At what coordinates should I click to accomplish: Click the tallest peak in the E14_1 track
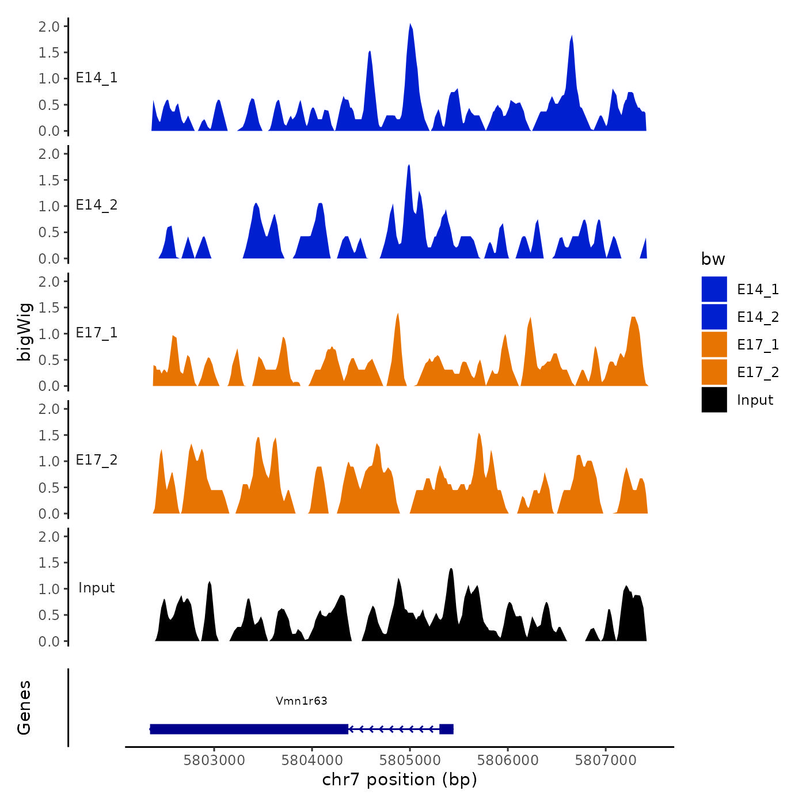point(410,25)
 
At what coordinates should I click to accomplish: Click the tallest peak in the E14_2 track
point(408,166)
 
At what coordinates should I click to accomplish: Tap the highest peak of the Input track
point(451,570)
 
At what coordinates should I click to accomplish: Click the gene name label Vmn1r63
point(301,701)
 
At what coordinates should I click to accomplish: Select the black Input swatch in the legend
point(714,400)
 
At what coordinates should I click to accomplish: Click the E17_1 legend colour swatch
point(714,344)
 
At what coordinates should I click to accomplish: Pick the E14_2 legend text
point(758,317)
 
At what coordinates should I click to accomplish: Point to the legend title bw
point(713,259)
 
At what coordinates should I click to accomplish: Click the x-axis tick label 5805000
point(410,760)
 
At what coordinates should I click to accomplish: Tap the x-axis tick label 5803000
point(214,760)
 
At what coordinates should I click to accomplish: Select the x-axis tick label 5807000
point(606,760)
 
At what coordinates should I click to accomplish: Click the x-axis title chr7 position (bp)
point(400,780)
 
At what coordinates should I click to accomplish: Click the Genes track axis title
point(24,708)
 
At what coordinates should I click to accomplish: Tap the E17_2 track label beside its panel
point(97,460)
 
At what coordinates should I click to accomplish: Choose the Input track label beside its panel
point(97,588)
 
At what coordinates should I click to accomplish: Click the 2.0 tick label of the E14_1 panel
point(49,26)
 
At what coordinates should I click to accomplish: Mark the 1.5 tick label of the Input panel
point(49,562)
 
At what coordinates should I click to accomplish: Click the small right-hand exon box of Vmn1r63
point(446,729)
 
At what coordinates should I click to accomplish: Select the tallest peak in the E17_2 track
point(479,435)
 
